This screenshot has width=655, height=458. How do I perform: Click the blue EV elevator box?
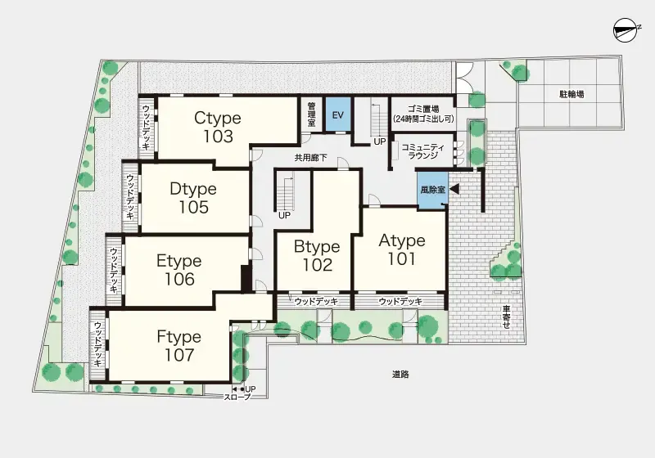pos(338,114)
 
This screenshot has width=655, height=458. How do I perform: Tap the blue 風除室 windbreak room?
pos(433,190)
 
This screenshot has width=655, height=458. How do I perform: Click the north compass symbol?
pos(626,29)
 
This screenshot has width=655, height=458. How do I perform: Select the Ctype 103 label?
pos(218,128)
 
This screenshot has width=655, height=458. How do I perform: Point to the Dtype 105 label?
pos(193,198)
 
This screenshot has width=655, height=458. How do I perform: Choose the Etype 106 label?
pos(179,270)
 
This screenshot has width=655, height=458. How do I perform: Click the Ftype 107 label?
pos(179,346)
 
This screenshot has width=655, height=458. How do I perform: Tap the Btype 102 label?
pos(317,255)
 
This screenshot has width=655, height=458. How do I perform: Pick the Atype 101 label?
pos(402,249)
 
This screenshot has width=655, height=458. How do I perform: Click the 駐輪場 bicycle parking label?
pos(571,94)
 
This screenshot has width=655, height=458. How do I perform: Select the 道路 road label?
pos(400,375)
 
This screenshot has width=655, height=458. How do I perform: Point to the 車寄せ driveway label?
pos(507,317)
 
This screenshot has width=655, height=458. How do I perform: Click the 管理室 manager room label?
pos(312,114)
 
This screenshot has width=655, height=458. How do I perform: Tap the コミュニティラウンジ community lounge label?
pos(423,151)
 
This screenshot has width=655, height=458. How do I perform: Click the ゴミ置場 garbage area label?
pos(423,110)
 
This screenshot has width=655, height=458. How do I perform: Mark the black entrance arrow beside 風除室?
pos(454,189)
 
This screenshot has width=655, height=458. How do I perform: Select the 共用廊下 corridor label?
pos(311,158)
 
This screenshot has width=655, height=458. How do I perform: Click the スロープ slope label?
pos(237,397)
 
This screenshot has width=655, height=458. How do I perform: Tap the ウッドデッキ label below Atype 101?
pos(400,301)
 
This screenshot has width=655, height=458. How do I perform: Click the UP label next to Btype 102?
pos(284,216)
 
